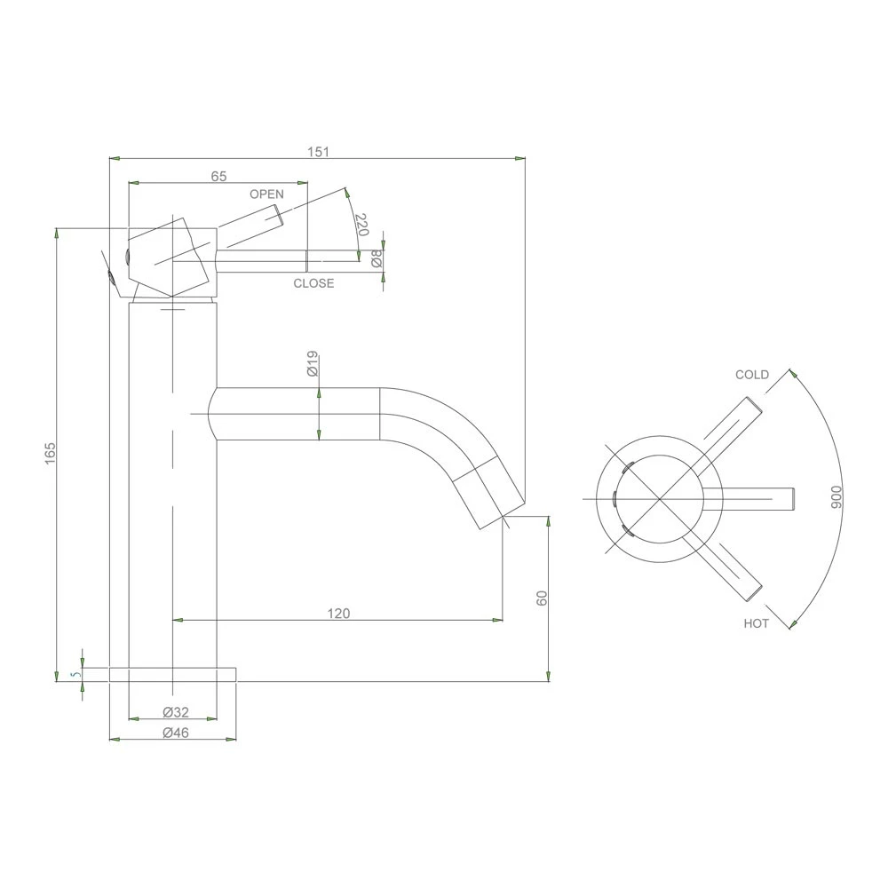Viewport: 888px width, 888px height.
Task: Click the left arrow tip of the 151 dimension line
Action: [109, 159]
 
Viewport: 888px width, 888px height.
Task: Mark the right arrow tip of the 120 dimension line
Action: [503, 620]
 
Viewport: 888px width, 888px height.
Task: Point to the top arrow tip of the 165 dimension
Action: [57, 228]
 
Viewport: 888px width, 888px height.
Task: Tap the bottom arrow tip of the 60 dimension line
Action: [548, 681]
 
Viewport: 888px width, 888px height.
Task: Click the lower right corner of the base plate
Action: [235, 681]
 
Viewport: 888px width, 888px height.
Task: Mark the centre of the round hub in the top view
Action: [660, 499]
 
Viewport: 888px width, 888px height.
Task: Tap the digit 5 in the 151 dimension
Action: [318, 152]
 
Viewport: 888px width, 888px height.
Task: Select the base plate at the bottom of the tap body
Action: [173, 675]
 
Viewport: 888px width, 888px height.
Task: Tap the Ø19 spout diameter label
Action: [312, 363]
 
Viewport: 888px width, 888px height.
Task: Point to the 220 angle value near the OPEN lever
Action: [362, 225]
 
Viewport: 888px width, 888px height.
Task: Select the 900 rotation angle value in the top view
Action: [836, 496]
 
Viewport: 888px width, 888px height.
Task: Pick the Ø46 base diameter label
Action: [176, 733]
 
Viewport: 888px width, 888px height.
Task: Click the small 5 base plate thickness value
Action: [72, 675]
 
